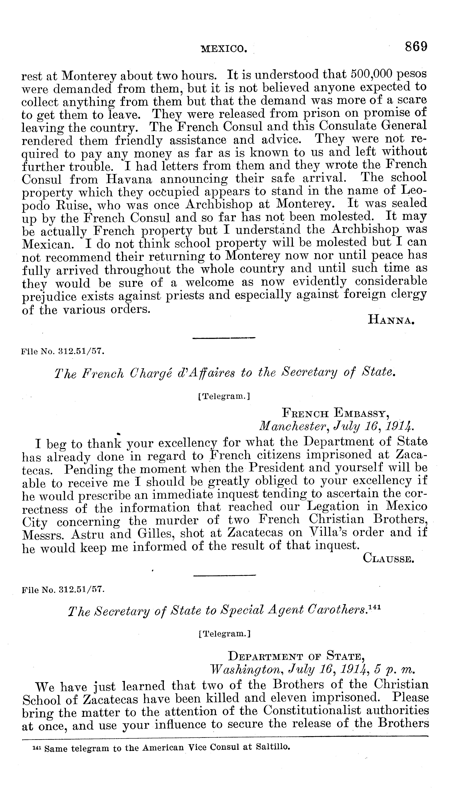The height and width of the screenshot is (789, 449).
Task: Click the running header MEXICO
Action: click(224, 48)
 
